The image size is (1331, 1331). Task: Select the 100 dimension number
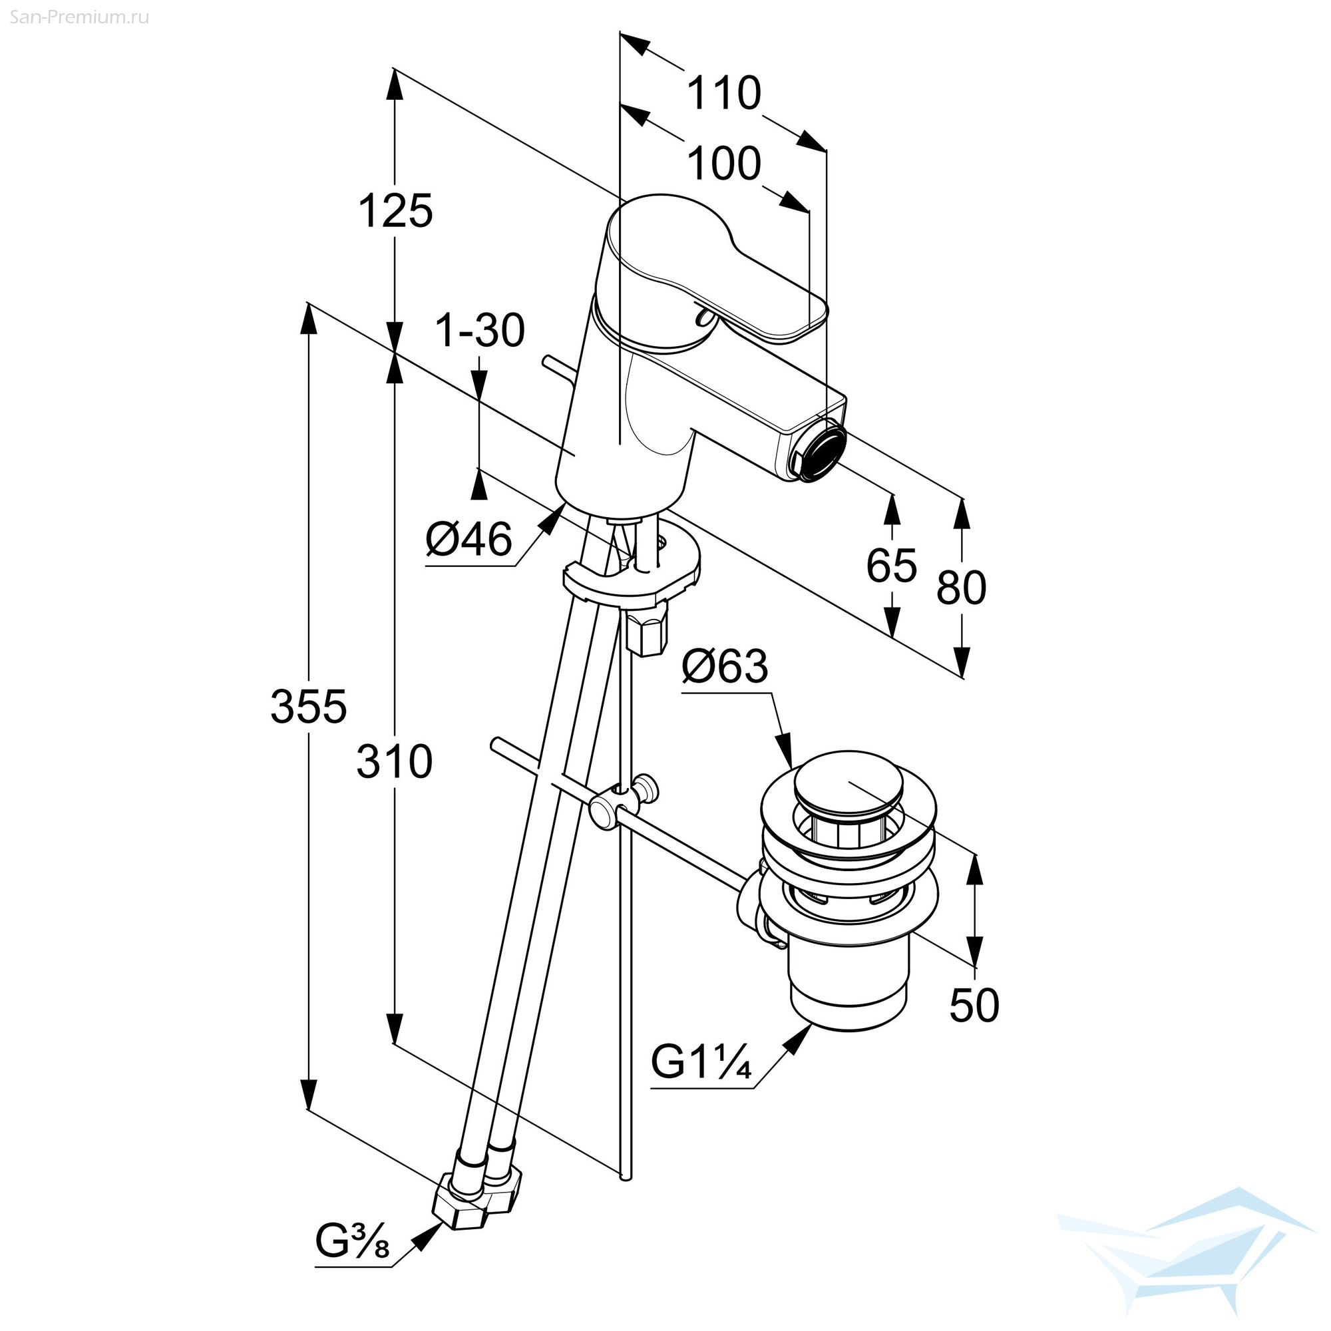pyautogui.click(x=724, y=164)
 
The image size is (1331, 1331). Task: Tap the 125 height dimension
pyautogui.click(x=395, y=211)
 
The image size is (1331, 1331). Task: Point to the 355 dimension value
pyautogui.click(x=308, y=707)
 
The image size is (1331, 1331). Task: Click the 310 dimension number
pyautogui.click(x=394, y=761)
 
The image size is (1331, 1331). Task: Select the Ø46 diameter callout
pyautogui.click(x=469, y=539)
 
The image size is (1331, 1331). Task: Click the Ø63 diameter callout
pyautogui.click(x=725, y=666)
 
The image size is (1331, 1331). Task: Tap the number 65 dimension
pyautogui.click(x=892, y=566)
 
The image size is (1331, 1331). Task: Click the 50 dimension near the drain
pyautogui.click(x=974, y=1005)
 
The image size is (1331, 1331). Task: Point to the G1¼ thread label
pyautogui.click(x=701, y=1063)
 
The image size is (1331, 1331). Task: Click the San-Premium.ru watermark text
pyautogui.click(x=75, y=17)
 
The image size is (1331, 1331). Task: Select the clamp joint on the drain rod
pyautogui.click(x=623, y=801)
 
